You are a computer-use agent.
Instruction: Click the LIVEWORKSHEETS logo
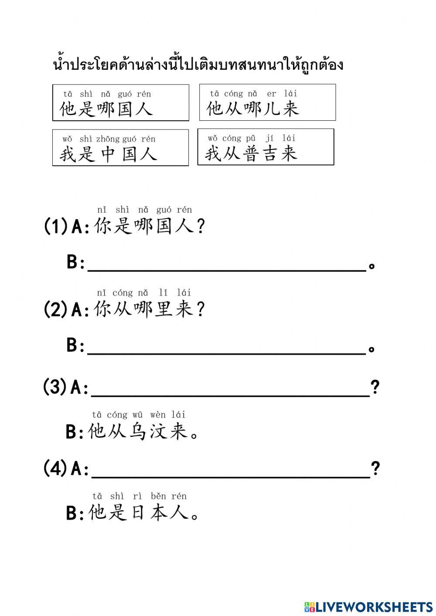(x=368, y=607)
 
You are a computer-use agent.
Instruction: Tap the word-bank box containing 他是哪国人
(x=121, y=102)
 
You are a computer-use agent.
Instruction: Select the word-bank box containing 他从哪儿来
(x=268, y=102)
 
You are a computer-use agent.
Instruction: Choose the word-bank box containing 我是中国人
(x=120, y=148)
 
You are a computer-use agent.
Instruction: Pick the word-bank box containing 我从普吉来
(x=266, y=147)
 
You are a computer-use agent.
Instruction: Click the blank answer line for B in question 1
(x=227, y=271)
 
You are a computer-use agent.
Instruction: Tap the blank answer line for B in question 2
(x=227, y=354)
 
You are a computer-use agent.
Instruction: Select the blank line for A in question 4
(x=231, y=477)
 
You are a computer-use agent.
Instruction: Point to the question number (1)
(x=55, y=226)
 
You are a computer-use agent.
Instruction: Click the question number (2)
(x=55, y=309)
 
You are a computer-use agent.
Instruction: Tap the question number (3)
(x=55, y=387)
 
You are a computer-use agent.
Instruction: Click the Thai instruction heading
(x=198, y=65)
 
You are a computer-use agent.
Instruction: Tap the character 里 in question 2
(x=163, y=309)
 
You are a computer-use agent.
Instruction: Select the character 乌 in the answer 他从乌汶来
(x=137, y=431)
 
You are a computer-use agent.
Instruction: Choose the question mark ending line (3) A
(x=375, y=387)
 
